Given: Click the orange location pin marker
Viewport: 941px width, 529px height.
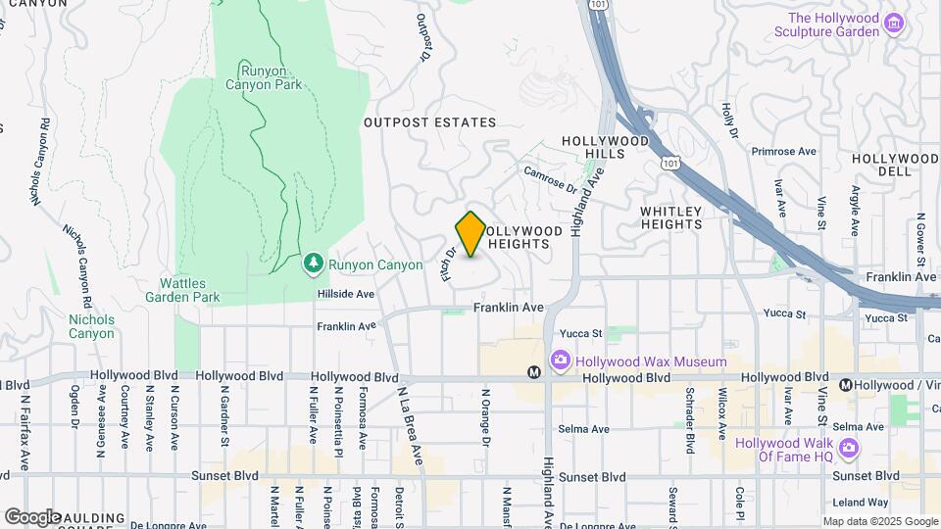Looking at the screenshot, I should [470, 234].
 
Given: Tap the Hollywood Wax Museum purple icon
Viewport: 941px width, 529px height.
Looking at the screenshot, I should [561, 361].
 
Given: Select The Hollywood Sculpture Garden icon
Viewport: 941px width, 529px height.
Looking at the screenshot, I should [892, 24].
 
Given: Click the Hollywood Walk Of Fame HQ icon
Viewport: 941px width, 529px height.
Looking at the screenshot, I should [849, 450].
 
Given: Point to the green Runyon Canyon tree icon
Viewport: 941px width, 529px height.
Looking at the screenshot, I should [313, 263].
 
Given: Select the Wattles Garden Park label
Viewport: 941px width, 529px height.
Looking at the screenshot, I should [182, 289].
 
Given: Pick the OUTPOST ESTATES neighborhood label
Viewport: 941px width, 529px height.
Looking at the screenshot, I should [429, 122].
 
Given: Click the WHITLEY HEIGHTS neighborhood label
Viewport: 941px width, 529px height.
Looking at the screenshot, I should [671, 217].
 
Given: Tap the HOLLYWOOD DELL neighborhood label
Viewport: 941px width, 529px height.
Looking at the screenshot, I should [896, 165].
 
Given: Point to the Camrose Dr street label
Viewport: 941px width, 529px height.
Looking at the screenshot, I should [550, 179].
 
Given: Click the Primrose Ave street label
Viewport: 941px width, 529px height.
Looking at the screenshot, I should [783, 152].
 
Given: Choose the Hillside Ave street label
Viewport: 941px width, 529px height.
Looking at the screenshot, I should [345, 293].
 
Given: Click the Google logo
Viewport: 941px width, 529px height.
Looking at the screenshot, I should [31, 516].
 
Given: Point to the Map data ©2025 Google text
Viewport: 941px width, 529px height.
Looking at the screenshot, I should [879, 521].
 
